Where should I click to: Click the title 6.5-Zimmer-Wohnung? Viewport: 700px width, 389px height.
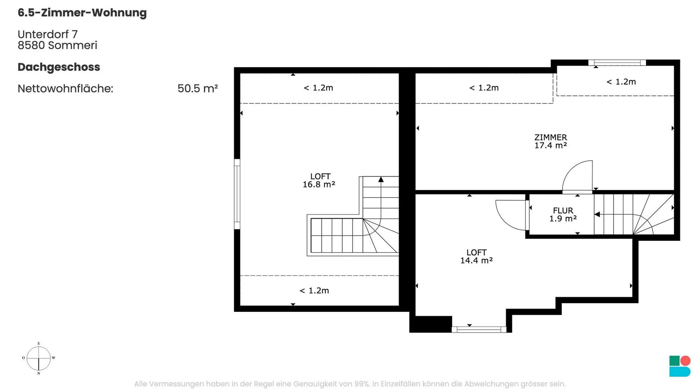[82, 13]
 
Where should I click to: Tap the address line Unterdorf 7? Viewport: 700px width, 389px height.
[48, 34]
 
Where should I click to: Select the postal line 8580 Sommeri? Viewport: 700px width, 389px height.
[58, 45]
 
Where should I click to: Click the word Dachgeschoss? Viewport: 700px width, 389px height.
[59, 67]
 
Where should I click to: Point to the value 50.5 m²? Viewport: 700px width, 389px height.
[198, 89]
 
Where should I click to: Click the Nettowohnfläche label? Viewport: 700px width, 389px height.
[66, 89]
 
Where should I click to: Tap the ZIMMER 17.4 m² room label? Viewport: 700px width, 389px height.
[551, 141]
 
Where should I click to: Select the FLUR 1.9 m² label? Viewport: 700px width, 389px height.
[563, 215]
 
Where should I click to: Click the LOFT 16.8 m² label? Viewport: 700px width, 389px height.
[319, 180]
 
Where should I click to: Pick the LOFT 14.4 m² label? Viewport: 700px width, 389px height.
[477, 256]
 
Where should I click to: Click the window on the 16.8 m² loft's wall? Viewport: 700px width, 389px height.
[237, 194]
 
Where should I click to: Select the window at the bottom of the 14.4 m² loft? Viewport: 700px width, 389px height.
[479, 330]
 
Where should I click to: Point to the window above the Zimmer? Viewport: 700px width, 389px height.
[617, 63]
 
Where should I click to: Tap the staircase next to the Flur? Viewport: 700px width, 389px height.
[634, 214]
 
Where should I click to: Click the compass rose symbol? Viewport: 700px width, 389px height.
[39, 358]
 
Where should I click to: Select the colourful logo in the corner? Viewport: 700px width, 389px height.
[680, 366]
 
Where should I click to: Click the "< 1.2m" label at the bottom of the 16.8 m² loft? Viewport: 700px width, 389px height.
[314, 291]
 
